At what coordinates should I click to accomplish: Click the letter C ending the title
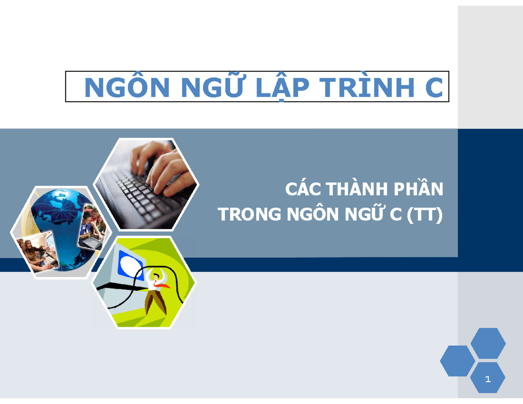pos(434,88)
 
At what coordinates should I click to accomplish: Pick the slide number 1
pos(488,379)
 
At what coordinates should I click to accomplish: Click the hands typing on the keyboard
pos(161,168)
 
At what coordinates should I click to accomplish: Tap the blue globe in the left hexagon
pos(57,218)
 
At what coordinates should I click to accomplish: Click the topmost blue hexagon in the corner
pos(488,343)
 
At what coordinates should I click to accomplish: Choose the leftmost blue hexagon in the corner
pos(457,360)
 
